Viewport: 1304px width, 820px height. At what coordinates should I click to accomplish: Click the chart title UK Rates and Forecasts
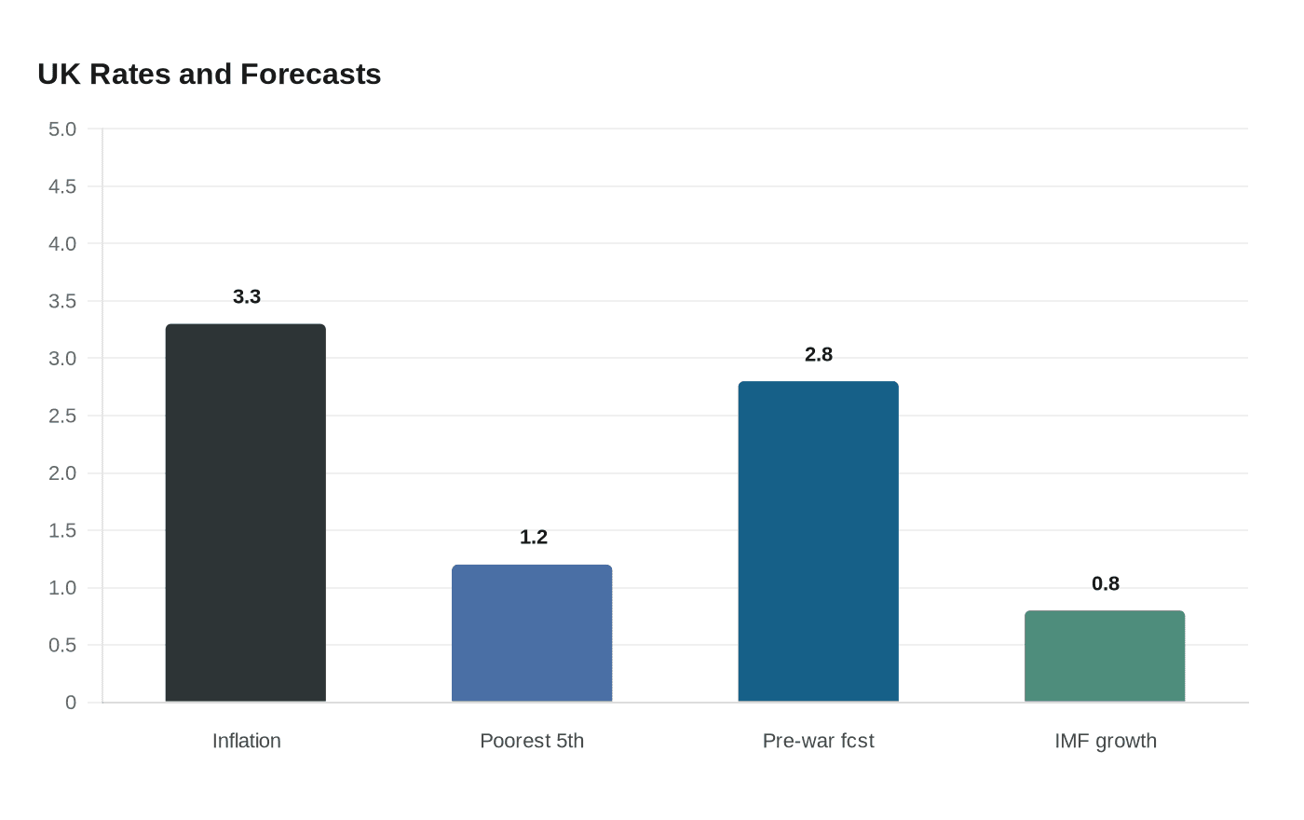pos(209,74)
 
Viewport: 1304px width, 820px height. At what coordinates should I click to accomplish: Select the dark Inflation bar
pos(246,512)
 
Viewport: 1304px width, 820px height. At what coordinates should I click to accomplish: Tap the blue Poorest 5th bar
pos(532,633)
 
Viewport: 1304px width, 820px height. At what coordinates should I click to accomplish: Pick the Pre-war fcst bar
pos(818,541)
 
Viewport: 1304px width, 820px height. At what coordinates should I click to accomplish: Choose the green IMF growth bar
pos(1105,656)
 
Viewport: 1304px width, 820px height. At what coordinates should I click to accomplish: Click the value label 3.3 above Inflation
pos(247,296)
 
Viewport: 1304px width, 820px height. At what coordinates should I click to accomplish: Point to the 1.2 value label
pos(533,537)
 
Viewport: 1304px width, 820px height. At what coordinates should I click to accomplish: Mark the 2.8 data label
pos(819,354)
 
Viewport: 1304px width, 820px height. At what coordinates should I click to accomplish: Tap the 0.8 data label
pos(1106,583)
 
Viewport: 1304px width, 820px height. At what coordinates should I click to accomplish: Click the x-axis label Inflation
pos(247,741)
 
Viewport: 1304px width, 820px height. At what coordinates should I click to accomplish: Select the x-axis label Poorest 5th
pos(532,741)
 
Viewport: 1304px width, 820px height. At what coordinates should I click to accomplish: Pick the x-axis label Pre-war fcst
pos(818,741)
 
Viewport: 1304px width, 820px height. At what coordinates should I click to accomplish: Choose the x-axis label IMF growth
pos(1106,741)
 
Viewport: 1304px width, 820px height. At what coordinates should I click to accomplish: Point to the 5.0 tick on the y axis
pos(62,129)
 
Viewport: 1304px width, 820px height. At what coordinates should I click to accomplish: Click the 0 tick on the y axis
pos(71,703)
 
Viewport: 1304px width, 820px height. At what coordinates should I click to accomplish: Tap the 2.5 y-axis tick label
pos(62,416)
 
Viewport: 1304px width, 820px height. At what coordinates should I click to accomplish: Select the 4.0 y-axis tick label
pos(62,244)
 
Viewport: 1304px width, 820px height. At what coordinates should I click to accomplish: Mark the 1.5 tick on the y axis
pos(62,530)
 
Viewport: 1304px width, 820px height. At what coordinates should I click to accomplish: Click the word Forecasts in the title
pos(310,74)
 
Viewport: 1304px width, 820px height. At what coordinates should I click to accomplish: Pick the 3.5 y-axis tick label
pos(62,301)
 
